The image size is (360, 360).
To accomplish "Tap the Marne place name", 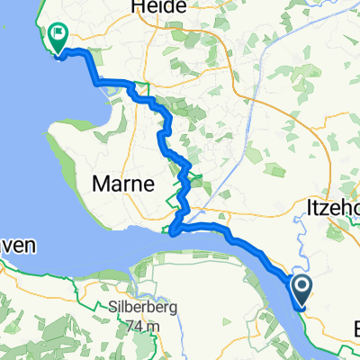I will [x=124, y=184].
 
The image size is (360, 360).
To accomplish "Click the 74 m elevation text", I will [x=139, y=325].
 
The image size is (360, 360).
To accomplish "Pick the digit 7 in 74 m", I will [x=129, y=325].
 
